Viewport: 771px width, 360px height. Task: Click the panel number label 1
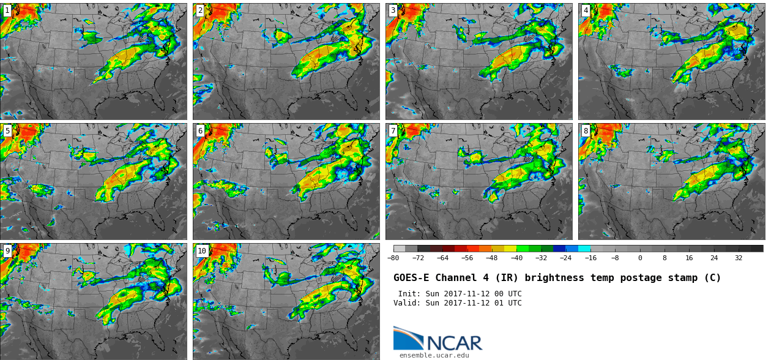(7, 10)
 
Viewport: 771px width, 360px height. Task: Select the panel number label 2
(200, 10)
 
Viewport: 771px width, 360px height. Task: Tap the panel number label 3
(393, 10)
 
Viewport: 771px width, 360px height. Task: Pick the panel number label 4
(586, 10)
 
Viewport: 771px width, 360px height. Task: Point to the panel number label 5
(7, 131)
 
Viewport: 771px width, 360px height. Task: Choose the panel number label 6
(200, 131)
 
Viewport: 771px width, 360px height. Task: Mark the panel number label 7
(393, 131)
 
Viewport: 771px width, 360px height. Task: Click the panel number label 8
(586, 131)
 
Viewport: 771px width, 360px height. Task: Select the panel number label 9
(7, 251)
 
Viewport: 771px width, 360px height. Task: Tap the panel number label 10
(202, 251)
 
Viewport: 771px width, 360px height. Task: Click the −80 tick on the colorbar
(393, 258)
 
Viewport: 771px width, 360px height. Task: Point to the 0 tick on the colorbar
(640, 258)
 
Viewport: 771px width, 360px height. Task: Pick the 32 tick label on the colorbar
(739, 258)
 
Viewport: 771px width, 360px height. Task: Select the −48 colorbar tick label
(492, 258)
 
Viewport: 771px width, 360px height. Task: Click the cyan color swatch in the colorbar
(584, 249)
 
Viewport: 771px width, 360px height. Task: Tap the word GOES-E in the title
(410, 278)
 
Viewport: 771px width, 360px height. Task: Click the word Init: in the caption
(409, 294)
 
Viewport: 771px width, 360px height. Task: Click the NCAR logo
(438, 340)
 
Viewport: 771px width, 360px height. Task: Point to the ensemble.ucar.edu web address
(434, 355)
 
